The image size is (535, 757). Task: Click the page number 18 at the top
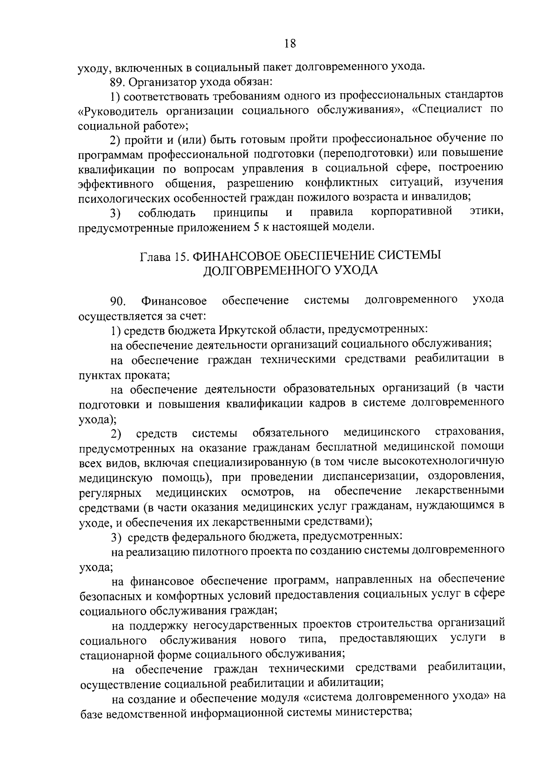point(290,43)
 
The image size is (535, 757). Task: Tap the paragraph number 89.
point(117,82)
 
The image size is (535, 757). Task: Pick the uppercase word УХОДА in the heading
point(353,271)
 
